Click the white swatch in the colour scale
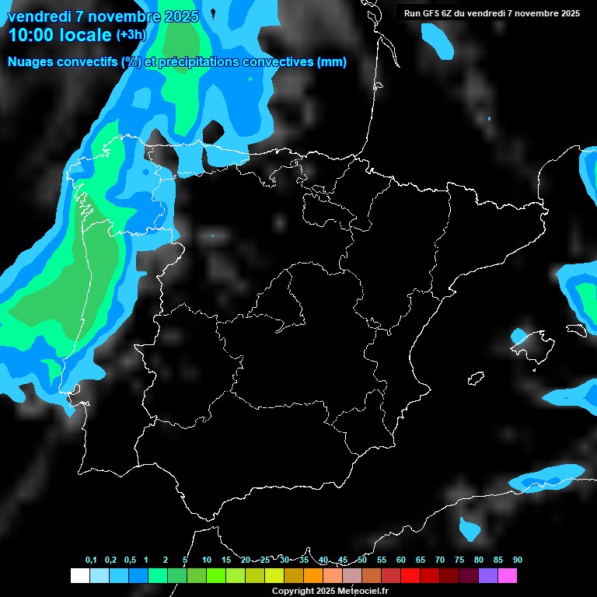(x=79, y=575)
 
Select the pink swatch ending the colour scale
(x=508, y=575)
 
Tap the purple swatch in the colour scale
(x=488, y=575)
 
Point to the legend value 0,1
(x=91, y=560)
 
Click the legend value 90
(x=518, y=560)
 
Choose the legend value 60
(x=401, y=560)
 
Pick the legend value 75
(x=459, y=560)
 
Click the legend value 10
(x=207, y=560)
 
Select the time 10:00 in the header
(x=34, y=35)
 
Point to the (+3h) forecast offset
(x=131, y=35)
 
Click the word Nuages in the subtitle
(x=30, y=62)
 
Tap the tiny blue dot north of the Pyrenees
(x=489, y=119)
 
